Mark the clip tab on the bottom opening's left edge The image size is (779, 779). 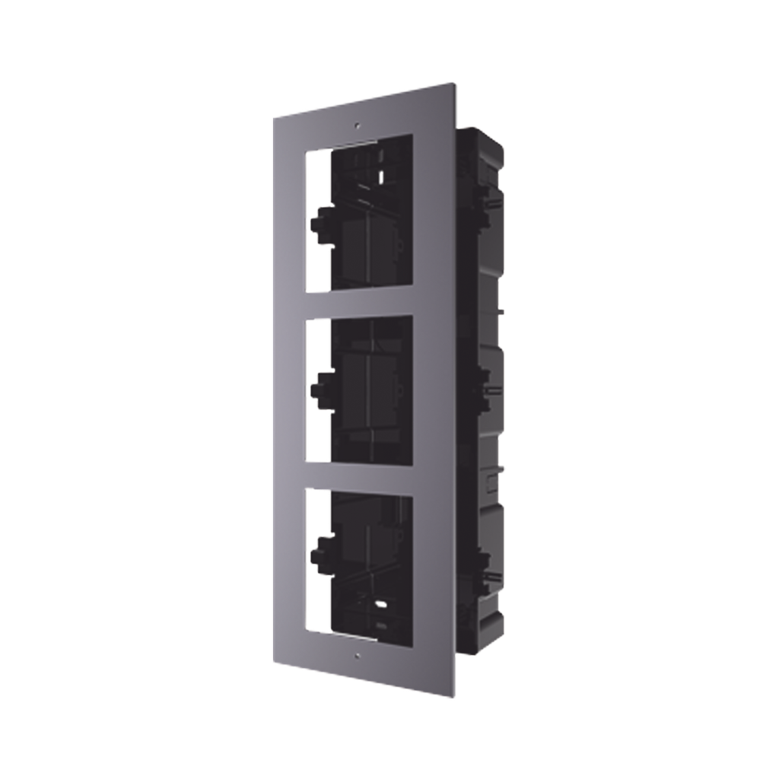coord(317,548)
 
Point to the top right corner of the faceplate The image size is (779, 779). coord(456,81)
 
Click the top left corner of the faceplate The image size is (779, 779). coord(272,116)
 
